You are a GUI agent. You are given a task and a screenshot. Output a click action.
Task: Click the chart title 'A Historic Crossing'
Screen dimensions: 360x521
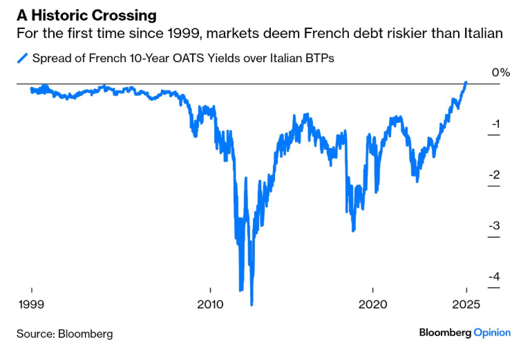[x=86, y=15]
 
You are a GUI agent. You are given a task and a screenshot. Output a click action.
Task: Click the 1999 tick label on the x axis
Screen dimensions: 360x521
[x=31, y=305]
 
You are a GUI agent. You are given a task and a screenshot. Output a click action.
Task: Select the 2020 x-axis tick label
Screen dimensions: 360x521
[x=372, y=305]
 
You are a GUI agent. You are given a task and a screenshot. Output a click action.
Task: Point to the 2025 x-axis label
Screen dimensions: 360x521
[x=466, y=305]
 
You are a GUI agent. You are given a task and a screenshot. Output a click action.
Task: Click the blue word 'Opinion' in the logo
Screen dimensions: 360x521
[x=491, y=333]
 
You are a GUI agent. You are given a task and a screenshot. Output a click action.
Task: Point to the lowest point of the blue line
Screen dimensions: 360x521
[x=252, y=305]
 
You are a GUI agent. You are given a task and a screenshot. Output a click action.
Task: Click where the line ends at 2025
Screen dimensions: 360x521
[x=466, y=82]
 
